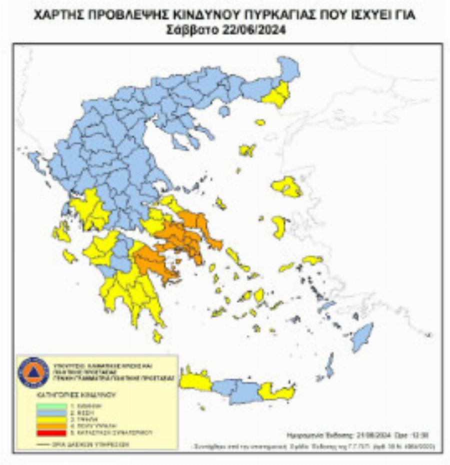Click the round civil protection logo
click(x=33, y=372)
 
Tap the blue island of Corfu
click(x=34, y=161)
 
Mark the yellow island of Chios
click(x=279, y=227)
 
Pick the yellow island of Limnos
click(x=247, y=150)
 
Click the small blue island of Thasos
click(x=224, y=111)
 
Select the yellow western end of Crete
click(x=195, y=381)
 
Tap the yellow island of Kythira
click(x=157, y=336)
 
